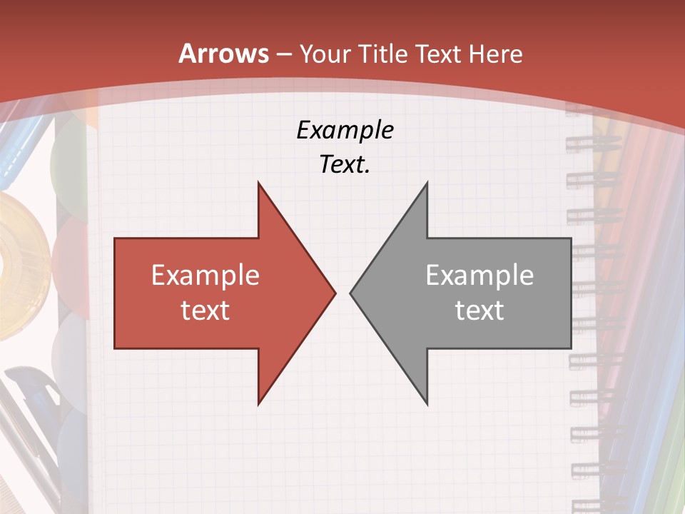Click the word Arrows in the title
tap(224, 54)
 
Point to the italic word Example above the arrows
tap(345, 131)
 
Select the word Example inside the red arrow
tap(205, 276)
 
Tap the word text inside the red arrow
tap(205, 311)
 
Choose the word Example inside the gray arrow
tap(479, 276)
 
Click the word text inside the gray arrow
tap(479, 311)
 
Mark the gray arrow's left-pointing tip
tap(352, 293)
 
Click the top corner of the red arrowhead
tap(259, 184)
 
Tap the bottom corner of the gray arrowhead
tap(426, 403)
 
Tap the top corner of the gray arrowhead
tap(426, 184)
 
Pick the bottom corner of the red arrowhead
tap(259, 403)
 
